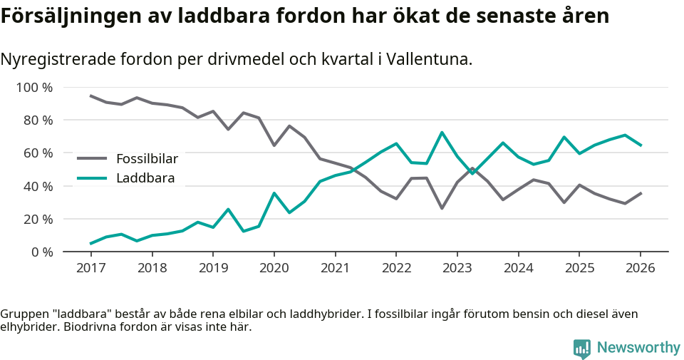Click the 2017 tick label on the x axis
[90, 268]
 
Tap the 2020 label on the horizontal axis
[274, 268]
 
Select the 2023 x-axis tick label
[457, 268]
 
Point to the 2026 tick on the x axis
[640, 268]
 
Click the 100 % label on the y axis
[34, 88]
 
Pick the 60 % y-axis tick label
[38, 153]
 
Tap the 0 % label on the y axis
[41, 252]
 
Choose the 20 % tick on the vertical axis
[38, 219]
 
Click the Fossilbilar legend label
[147, 158]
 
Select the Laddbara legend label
[145, 178]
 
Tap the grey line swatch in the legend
[92, 158]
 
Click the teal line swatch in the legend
[92, 178]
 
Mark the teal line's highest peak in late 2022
[442, 133]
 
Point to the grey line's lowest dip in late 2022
[442, 208]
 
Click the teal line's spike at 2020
[274, 193]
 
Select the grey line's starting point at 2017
[90, 96]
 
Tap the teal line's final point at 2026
[641, 145]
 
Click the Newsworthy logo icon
[581, 348]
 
